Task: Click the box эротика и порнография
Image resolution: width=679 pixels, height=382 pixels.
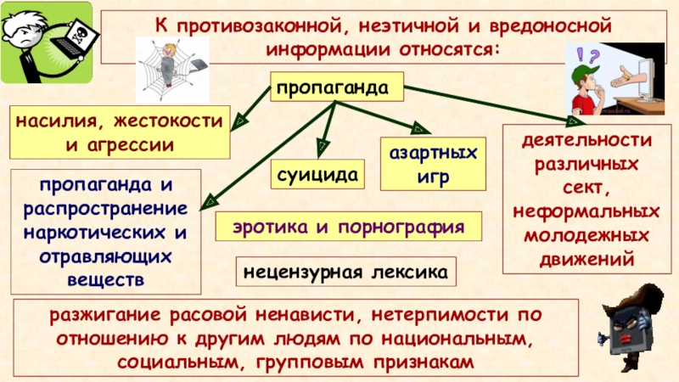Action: pos(348,228)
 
